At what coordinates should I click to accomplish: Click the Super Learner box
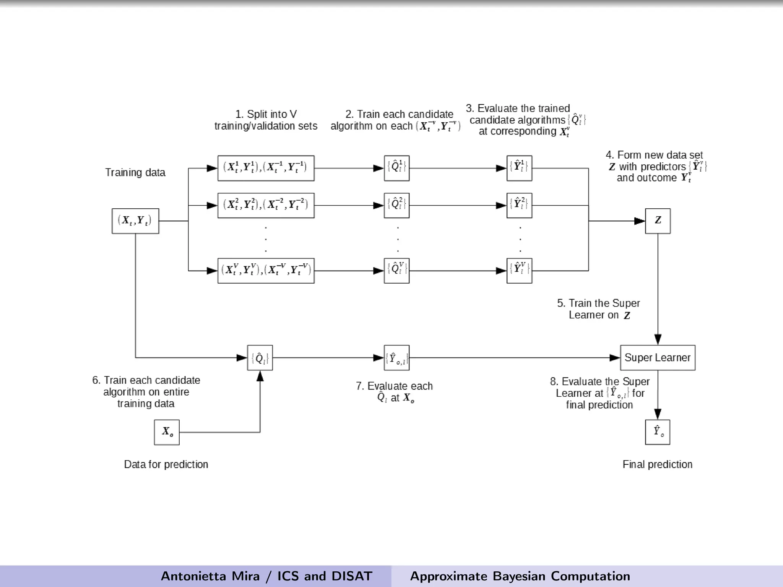click(658, 358)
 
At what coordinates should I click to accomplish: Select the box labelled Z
click(658, 221)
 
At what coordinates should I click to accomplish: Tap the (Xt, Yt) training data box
click(135, 221)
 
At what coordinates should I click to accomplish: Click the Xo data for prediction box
click(167, 432)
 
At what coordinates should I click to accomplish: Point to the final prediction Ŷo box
click(658, 432)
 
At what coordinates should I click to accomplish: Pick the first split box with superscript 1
click(266, 168)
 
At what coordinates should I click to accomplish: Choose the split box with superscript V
click(266, 271)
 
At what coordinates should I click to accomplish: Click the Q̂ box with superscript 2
click(396, 206)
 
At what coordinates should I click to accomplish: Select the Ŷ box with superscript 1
click(519, 168)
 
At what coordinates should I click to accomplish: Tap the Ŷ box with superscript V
click(519, 271)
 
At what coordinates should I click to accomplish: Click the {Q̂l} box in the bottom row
click(260, 358)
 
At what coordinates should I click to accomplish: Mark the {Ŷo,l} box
click(396, 358)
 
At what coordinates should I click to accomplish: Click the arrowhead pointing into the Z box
click(640, 221)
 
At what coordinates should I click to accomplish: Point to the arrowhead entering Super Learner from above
click(658, 339)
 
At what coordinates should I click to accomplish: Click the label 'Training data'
click(135, 173)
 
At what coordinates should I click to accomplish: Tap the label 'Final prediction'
click(657, 464)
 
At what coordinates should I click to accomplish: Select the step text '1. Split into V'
click(266, 114)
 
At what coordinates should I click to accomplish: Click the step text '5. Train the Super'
click(598, 303)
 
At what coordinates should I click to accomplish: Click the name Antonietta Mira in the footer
click(210, 576)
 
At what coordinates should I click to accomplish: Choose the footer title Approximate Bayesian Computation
click(520, 576)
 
